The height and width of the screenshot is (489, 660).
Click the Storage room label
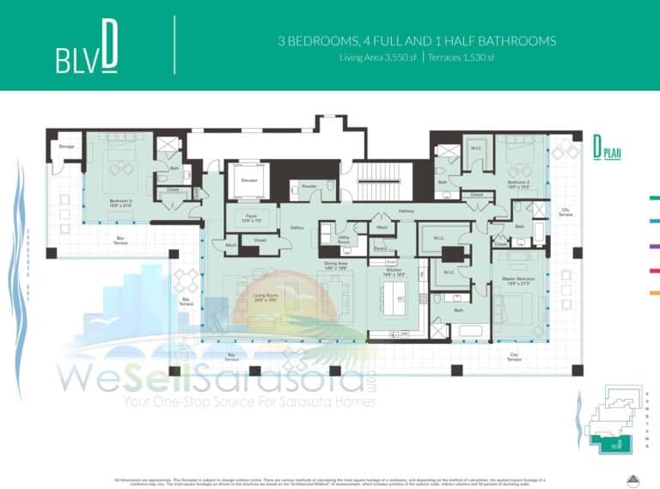tap(66, 147)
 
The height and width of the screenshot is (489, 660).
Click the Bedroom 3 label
tap(120, 202)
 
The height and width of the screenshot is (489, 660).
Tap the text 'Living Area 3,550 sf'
tap(375, 58)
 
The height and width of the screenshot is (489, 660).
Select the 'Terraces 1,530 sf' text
tap(462, 58)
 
